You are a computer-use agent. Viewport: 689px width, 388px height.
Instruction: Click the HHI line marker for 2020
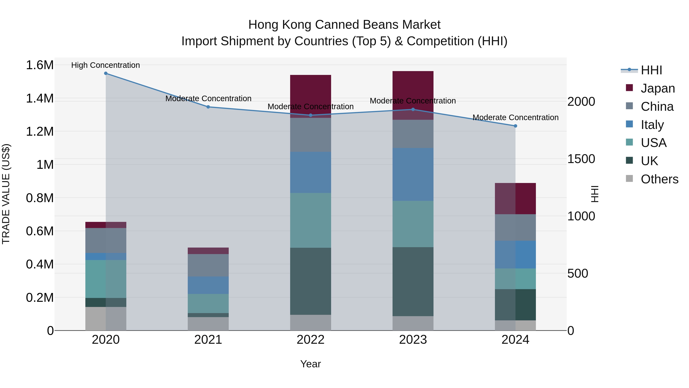tap(106, 73)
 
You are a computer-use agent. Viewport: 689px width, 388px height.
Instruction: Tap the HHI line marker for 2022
tap(311, 115)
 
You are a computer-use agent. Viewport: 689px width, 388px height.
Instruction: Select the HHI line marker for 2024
tap(515, 126)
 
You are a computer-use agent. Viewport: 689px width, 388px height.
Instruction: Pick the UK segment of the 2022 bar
tap(311, 281)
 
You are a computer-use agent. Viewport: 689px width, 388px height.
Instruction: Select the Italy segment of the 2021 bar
tap(208, 285)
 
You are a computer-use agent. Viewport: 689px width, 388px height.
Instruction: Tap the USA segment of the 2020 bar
tap(106, 279)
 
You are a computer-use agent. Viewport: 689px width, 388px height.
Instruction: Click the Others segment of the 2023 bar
tap(413, 323)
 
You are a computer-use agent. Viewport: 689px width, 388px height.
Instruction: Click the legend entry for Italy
tap(652, 125)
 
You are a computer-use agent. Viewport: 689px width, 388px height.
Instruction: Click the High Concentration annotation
tap(105, 65)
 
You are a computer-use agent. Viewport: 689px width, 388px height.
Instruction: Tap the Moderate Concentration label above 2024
tap(515, 118)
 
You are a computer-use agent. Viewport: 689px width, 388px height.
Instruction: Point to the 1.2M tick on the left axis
tap(40, 131)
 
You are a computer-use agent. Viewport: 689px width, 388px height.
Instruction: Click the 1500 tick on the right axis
tap(581, 159)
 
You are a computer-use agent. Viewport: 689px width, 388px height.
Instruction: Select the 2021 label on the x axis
tap(208, 340)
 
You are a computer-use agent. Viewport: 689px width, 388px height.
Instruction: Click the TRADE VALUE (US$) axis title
tap(6, 194)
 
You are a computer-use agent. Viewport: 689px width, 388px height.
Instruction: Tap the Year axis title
tap(311, 364)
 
